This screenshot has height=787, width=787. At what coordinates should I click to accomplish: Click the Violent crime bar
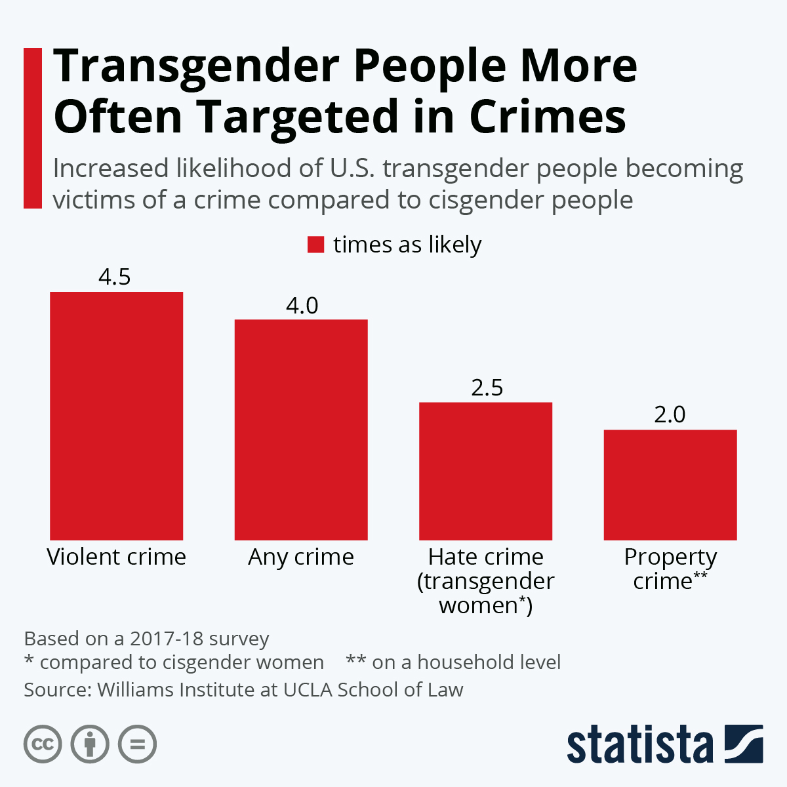pyautogui.click(x=116, y=416)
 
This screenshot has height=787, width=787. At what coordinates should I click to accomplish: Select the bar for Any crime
pyautogui.click(x=301, y=430)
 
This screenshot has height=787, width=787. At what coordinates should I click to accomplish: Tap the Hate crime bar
pyautogui.click(x=485, y=471)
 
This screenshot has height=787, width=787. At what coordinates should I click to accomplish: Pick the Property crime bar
pyautogui.click(x=670, y=485)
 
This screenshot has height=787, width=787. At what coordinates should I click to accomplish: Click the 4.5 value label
pyautogui.click(x=115, y=277)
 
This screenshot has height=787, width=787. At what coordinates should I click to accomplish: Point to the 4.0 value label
pyautogui.click(x=302, y=305)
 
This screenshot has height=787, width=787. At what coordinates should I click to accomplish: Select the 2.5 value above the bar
pyautogui.click(x=487, y=388)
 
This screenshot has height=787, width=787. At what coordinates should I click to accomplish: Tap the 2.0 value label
pyautogui.click(x=670, y=414)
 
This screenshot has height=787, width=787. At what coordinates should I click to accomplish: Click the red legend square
pyautogui.click(x=316, y=245)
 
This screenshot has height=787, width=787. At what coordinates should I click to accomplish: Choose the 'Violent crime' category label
pyautogui.click(x=116, y=557)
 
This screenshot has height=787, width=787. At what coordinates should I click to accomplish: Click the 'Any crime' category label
pyautogui.click(x=301, y=557)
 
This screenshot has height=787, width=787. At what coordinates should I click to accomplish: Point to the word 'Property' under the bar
pyautogui.click(x=670, y=557)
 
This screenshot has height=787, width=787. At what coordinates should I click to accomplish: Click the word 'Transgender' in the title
pyautogui.click(x=196, y=67)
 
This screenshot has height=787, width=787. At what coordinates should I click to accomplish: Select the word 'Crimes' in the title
pyautogui.click(x=548, y=117)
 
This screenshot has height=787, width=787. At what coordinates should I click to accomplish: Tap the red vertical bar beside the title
pyautogui.click(x=32, y=128)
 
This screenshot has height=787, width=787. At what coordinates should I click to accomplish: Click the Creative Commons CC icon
pyautogui.click(x=43, y=744)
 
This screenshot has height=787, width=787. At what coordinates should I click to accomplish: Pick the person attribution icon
pyautogui.click(x=90, y=744)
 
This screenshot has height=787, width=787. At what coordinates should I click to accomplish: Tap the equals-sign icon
pyautogui.click(x=137, y=744)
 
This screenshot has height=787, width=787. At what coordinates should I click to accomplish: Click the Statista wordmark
pyautogui.click(x=639, y=744)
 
